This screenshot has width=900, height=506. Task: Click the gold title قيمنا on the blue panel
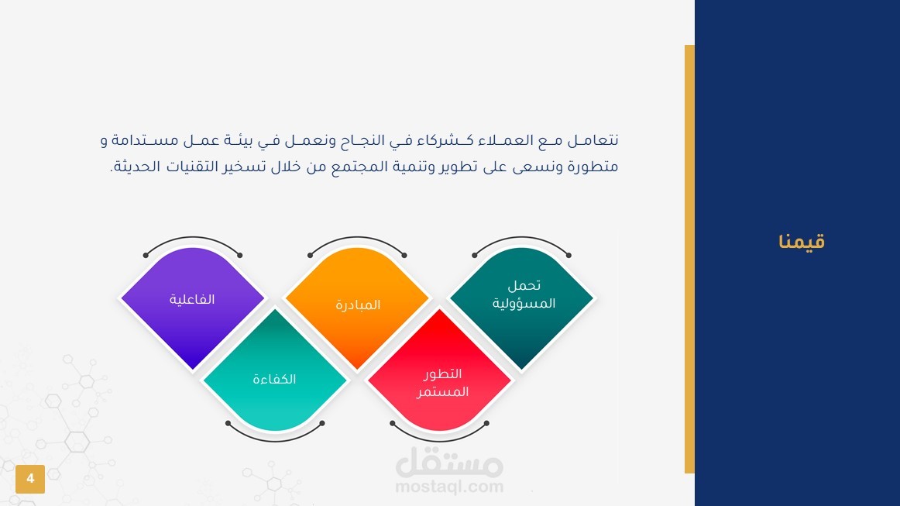[x=802, y=241]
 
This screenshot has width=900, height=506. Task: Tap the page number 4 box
[x=30, y=479]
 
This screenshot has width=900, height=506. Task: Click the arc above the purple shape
[x=193, y=238]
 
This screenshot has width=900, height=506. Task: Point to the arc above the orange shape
[x=357, y=238]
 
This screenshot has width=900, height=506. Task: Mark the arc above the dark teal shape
[x=521, y=238]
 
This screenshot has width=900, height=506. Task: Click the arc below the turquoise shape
[x=275, y=441]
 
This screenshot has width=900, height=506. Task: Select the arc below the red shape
[x=439, y=441]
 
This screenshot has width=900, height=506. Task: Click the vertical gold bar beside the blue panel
[x=689, y=259]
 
